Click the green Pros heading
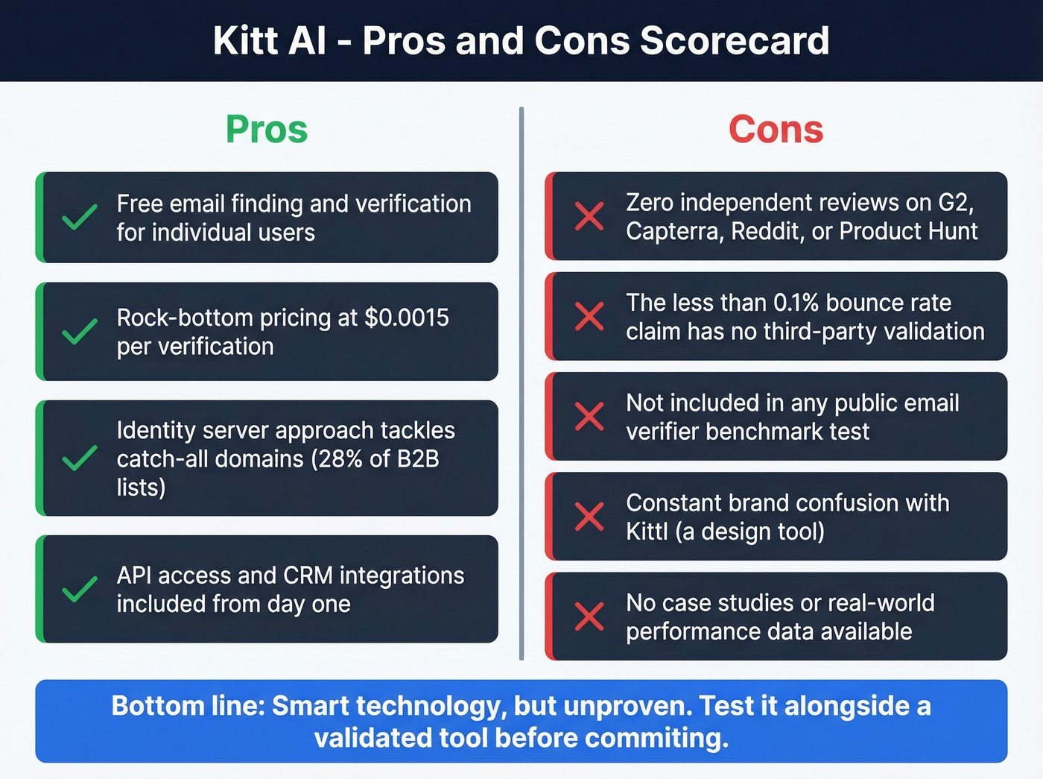[x=267, y=130]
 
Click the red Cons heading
[x=776, y=130]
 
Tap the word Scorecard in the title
[x=734, y=41]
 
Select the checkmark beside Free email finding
[x=79, y=217]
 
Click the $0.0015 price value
[x=407, y=318]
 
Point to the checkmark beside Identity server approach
[x=79, y=458]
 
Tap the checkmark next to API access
[x=79, y=589]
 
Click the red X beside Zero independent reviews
[x=589, y=217]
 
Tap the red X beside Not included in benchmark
[x=589, y=417]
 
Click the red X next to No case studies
[x=589, y=616]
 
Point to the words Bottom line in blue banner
[x=187, y=706]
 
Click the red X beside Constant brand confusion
[x=589, y=517]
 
